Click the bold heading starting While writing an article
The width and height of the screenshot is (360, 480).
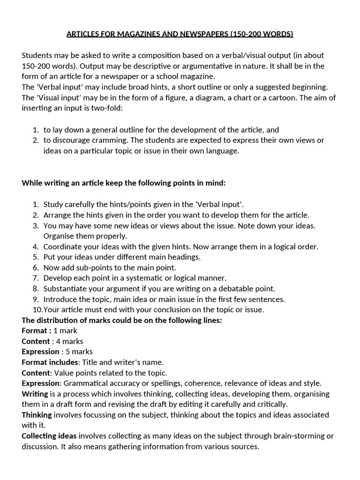click(124, 183)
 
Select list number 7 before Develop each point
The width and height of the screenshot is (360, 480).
click(36, 278)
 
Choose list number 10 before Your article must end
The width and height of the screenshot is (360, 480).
click(37, 310)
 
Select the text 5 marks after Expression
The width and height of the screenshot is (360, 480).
click(79, 352)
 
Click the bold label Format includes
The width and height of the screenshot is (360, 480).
click(50, 362)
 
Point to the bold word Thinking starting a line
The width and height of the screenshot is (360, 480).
click(37, 415)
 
